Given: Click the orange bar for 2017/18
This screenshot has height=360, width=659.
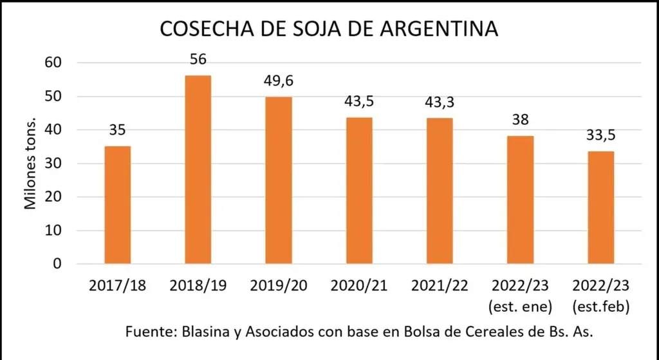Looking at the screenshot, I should pos(118,205).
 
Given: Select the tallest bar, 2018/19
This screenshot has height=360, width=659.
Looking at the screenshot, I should pos(198,169).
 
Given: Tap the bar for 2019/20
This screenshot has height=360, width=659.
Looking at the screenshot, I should pos(279,180).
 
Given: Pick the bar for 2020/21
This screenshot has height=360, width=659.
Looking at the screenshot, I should pos(359,191).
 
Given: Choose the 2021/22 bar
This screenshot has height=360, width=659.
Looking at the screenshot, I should pos(440,191).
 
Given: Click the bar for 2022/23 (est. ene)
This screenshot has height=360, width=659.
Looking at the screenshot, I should pos(521,200).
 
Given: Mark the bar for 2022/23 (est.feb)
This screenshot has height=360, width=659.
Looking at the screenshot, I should pos(601,207).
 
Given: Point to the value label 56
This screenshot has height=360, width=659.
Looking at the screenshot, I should pos(198,60).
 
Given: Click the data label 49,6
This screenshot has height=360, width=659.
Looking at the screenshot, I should pos(278,81).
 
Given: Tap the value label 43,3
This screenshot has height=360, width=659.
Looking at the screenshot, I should pos(440,102).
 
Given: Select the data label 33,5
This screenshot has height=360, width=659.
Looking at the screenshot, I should pos(601,136).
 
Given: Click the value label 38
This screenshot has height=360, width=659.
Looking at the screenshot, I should pos(520,120).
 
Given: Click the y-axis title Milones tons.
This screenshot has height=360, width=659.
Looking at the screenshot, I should pos(30,164).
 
